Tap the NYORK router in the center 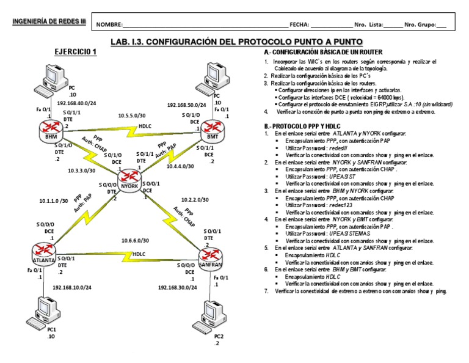tap(128, 181)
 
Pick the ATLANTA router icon tap(43, 251)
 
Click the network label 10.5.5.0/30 tap(133, 115)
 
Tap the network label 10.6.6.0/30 tap(134, 240)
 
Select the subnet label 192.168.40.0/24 tap(76, 103)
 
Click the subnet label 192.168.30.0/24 tap(177, 287)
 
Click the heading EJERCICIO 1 tap(76, 52)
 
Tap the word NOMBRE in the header tap(108, 25)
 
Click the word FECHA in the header tap(299, 25)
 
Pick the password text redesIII tap(332, 148)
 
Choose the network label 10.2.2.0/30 tap(195, 199)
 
